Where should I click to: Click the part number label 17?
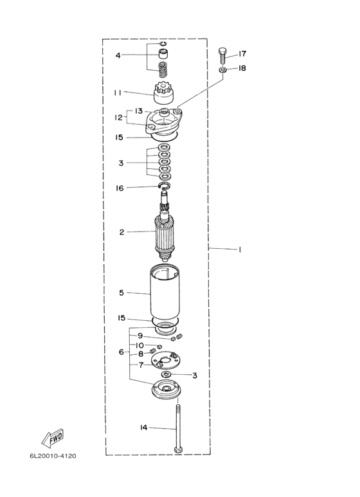242,54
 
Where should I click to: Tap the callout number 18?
242,68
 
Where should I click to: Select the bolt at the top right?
222,56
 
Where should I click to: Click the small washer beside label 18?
222,69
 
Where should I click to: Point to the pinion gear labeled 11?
163,93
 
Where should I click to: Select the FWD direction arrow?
52,438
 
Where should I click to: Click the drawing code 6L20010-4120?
53,456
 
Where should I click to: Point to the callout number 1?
240,249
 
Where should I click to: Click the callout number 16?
120,188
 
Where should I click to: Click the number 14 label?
143,428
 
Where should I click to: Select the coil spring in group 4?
163,69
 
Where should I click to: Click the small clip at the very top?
163,44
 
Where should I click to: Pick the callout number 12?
118,117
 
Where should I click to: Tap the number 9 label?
140,336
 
